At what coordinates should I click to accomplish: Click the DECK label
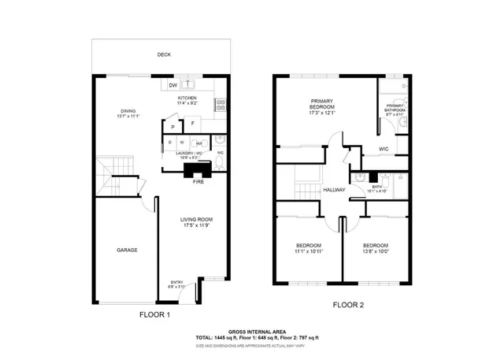(x=164, y=54)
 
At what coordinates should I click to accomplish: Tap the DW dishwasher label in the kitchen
(x=172, y=85)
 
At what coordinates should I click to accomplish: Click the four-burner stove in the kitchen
(x=222, y=102)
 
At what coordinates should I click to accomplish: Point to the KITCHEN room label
(x=187, y=98)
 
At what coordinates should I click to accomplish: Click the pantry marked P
(x=172, y=126)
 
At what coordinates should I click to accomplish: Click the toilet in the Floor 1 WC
(x=220, y=163)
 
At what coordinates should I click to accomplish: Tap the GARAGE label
(x=128, y=250)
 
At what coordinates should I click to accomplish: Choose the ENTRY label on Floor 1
(x=176, y=283)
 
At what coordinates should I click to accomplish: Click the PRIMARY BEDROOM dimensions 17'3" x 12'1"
(x=323, y=112)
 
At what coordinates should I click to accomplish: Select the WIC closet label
(x=384, y=149)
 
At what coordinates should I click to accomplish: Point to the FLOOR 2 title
(x=349, y=304)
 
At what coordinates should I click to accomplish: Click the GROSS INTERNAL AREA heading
(x=257, y=332)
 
